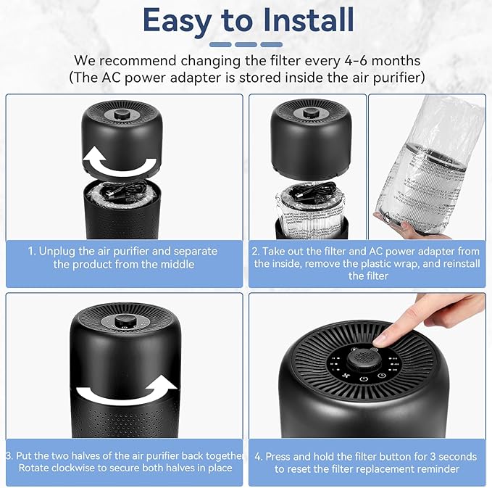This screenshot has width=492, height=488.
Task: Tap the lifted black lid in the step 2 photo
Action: (x=313, y=134)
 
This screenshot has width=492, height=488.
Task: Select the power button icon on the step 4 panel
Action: (x=363, y=379)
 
